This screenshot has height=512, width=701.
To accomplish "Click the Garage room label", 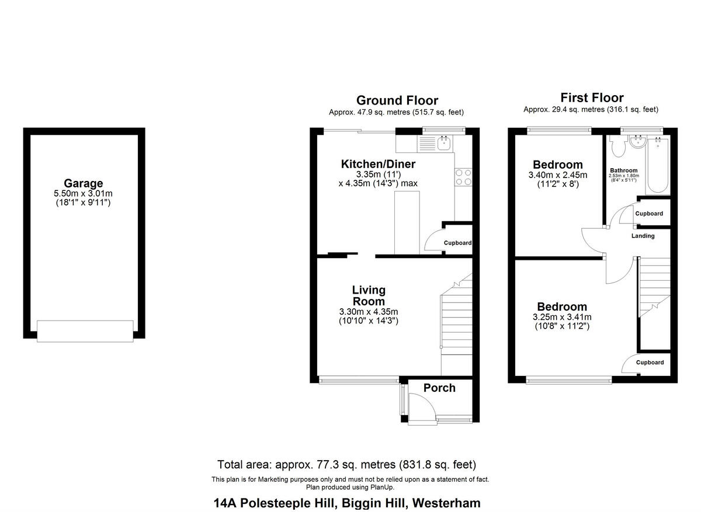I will coord(84,183).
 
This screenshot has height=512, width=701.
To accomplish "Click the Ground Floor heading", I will coord(397,100).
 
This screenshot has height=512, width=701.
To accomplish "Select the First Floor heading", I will coord(591,97).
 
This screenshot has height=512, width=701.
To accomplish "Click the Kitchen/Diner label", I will coord(378,164).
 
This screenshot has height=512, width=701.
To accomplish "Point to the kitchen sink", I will coord(442,142).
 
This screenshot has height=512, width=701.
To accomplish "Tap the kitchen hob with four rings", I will coord(463,177).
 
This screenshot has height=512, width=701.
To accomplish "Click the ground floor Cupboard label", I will coord(457,243).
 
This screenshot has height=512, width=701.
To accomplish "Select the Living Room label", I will coord(369,295).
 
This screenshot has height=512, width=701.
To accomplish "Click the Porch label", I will coord(439,388).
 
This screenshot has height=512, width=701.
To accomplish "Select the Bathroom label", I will coord(624,170).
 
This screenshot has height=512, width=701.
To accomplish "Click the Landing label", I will coord(643,236).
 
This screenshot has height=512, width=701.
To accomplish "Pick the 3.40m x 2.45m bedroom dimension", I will coord(557,175).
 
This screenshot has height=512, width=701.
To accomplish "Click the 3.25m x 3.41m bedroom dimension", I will coord(562,318).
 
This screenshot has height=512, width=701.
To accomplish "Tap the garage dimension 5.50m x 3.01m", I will coord(84,193).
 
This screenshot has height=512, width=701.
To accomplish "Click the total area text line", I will coord(346,465).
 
